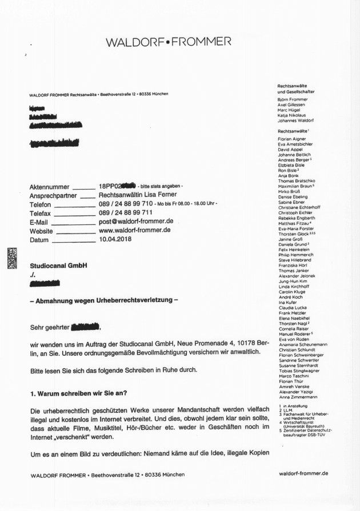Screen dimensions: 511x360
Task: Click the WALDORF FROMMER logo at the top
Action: coord(169,42)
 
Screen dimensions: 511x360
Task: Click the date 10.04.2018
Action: coord(115,240)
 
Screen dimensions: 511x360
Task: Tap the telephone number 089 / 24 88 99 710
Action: coord(126,203)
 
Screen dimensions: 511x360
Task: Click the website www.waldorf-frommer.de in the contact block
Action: coord(135,230)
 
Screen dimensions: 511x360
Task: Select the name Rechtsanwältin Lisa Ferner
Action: coord(139,195)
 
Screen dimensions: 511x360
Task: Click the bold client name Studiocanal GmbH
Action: coord(58,265)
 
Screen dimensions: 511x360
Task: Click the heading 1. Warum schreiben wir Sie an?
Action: coord(78,394)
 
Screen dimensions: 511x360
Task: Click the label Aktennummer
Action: coord(49,187)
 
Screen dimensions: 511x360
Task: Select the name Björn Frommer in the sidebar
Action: coord(292,99)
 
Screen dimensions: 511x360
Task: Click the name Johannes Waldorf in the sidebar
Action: coord(295,120)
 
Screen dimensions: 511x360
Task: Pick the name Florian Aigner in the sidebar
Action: coord(291,139)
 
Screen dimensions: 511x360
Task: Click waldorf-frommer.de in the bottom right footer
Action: coord(303,473)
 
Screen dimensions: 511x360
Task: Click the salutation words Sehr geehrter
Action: coord(49,328)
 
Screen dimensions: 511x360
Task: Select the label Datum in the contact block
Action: coord(41,240)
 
